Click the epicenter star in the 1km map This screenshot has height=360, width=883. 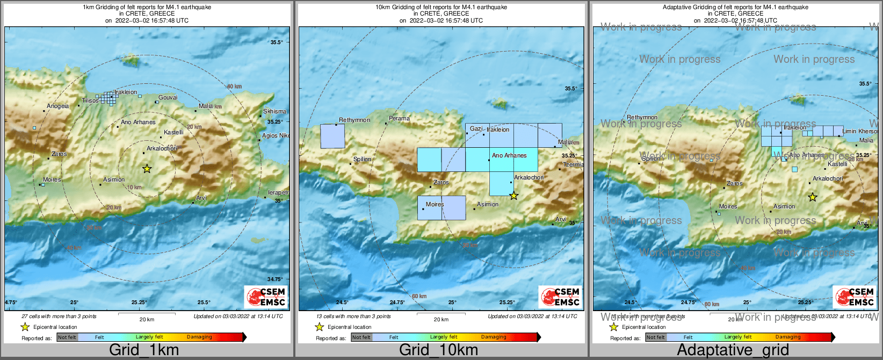coord(147,169)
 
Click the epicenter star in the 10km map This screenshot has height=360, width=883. coord(514,196)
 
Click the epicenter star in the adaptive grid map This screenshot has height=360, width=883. coord(813,197)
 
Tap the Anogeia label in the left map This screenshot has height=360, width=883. coord(58,106)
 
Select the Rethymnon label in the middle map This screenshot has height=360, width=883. coord(354,120)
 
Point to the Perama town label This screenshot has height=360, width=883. coord(399,118)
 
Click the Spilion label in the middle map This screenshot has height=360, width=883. coord(363,159)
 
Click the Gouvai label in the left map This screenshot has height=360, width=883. coord(168,97)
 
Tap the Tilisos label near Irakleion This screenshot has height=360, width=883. coord(90,100)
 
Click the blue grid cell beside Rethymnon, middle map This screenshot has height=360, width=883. coord(332,136)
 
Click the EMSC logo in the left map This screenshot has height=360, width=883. coord(266,297)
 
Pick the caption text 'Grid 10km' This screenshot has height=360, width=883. coord(438,350)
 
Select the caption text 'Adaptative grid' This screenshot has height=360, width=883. coord(733,350)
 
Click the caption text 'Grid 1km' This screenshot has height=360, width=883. coord(144,350)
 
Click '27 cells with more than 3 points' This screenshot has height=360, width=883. coord(59,316)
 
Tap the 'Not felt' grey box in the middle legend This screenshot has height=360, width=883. coord(361,337)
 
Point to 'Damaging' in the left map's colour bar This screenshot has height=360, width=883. coord(199,337)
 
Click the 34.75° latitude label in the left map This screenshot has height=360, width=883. coord(275,279)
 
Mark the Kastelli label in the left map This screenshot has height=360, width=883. coord(173,132)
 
